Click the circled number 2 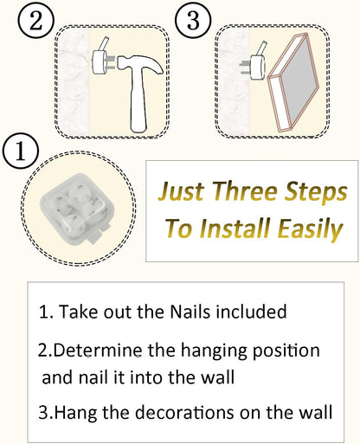point(35,21)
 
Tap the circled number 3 point(193,21)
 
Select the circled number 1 point(21,151)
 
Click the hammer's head point(140,66)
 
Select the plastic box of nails point(77,209)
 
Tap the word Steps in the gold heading point(316,193)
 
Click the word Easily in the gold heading point(310,229)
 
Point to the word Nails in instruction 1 point(190,312)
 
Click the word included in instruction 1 point(251,312)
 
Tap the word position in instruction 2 point(286,351)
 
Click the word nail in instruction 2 point(93,377)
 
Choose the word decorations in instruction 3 point(184,412)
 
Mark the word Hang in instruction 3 point(75,413)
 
